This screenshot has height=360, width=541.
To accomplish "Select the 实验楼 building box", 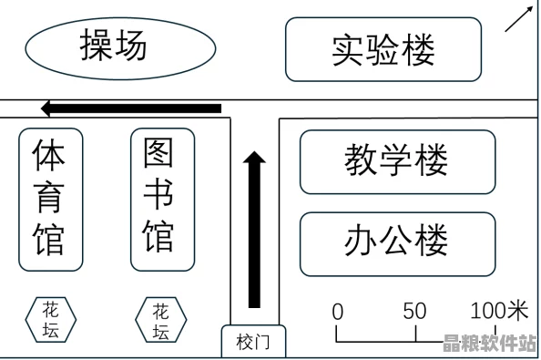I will [x=383, y=49].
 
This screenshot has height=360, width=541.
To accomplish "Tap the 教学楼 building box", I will [x=397, y=161].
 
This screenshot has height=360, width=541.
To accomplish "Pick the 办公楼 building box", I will [x=397, y=243].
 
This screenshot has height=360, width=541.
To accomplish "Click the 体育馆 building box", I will [x=50, y=199].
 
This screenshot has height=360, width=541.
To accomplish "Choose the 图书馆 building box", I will [x=162, y=199].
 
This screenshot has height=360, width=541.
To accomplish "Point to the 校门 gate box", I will [x=253, y=342].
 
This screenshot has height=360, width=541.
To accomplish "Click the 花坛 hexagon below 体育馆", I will [x=51, y=320].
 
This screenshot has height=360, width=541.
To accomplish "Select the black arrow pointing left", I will [x=132, y=108].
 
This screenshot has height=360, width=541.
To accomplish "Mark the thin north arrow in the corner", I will [x=518, y=19].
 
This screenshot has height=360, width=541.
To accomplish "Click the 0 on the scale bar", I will [x=338, y=311].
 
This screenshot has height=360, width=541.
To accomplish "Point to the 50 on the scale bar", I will [x=414, y=310].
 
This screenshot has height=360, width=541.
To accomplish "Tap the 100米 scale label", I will [x=498, y=310].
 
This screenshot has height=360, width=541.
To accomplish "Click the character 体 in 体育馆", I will [x=49, y=156].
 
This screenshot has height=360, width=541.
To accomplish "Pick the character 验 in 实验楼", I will [x=383, y=49].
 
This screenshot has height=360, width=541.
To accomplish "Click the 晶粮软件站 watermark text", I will [x=488, y=344].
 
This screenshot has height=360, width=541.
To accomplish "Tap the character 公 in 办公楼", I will [x=397, y=243].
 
